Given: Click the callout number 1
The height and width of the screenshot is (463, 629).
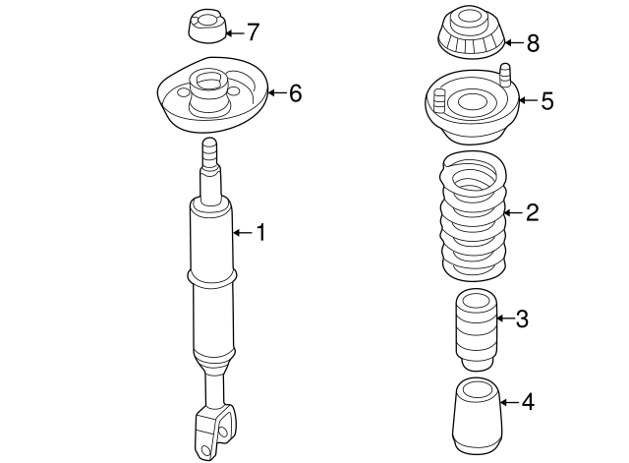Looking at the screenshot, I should pos(261,233).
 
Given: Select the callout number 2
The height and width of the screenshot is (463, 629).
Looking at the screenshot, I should pos(532,212).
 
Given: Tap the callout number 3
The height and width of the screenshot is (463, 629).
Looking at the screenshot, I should pos(522,318).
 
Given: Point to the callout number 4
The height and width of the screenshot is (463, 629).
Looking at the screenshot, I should pos(528,402).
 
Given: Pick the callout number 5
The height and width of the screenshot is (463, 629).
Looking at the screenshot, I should pos(547,100).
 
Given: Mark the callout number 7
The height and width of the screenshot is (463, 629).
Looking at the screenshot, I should pos(253,31).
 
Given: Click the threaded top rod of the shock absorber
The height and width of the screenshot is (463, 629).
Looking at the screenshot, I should pos(210,158).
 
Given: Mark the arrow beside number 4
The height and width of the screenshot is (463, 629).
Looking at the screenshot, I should pos(509,402).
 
